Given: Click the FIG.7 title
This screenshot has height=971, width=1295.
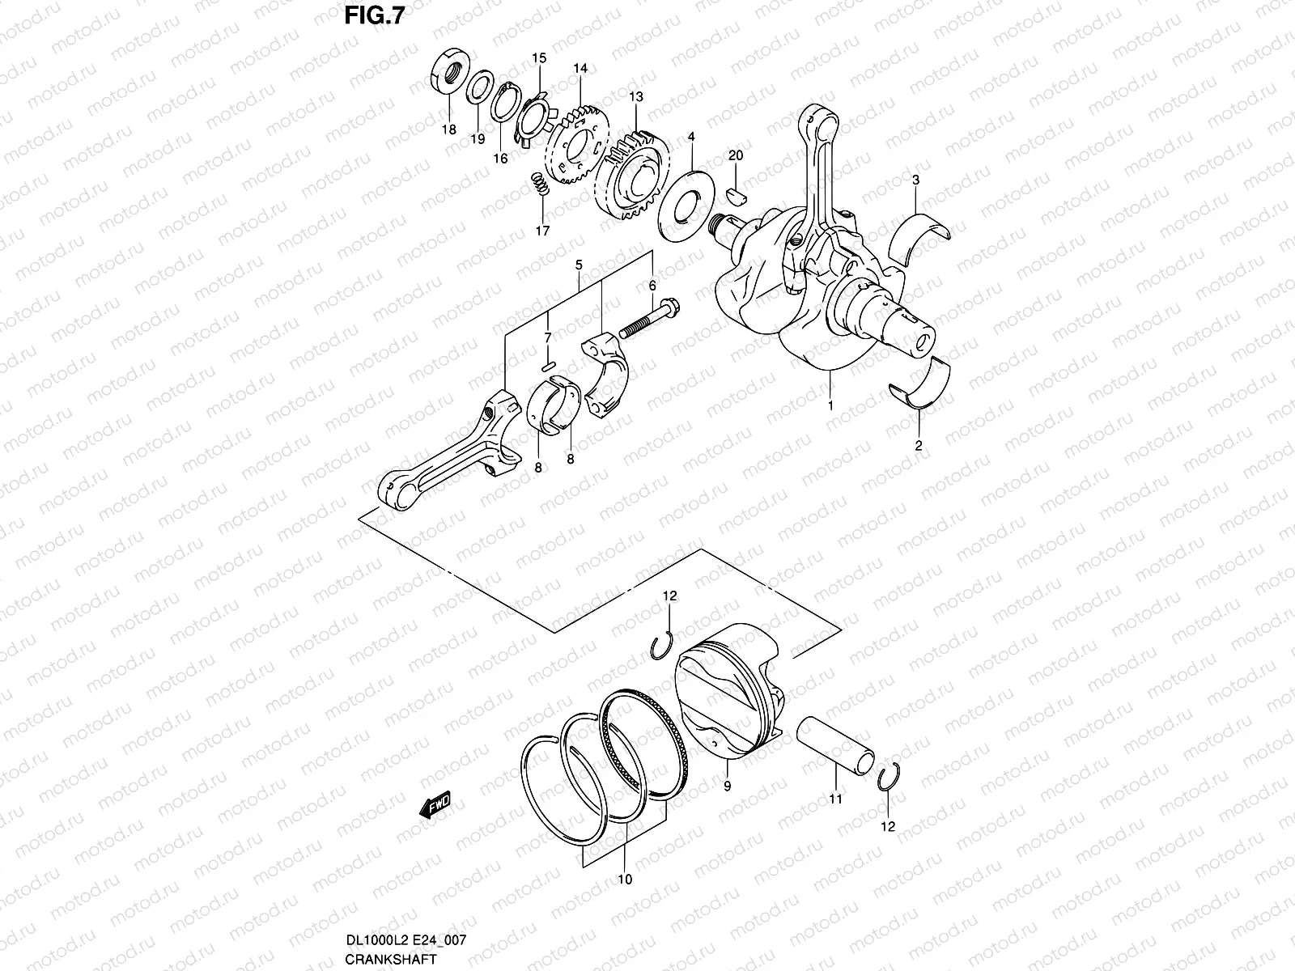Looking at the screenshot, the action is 375,15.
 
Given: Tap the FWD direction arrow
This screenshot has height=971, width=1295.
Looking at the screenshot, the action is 435,805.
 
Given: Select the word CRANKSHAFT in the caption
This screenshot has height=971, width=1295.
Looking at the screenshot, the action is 391,959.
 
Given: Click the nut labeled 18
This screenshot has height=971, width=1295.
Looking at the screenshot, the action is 450,70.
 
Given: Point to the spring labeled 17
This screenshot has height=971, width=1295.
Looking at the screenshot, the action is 541,184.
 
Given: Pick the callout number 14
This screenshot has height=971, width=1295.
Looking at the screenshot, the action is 580,69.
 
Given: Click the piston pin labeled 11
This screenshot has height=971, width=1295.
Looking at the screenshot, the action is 835,746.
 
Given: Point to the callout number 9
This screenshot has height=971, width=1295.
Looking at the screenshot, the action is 728,787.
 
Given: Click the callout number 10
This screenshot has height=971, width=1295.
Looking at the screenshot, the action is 625,880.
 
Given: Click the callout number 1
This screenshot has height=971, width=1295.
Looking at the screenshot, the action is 830,406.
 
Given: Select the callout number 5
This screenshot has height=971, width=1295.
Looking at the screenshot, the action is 579,265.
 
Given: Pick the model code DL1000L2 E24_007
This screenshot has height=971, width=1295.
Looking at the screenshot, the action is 406,939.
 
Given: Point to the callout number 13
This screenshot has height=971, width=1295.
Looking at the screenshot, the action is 636,96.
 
